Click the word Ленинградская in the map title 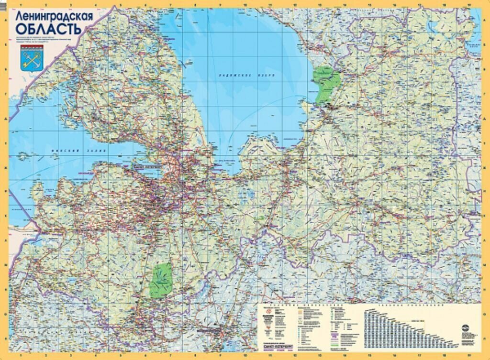point(54,16)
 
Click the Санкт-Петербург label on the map point(146,166)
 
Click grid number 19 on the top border point(469,4)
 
